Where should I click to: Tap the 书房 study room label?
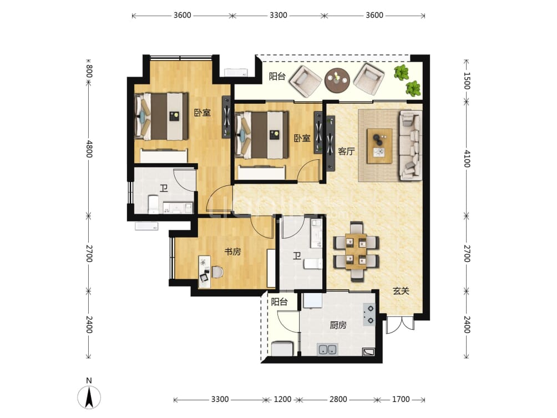click(x=232, y=251)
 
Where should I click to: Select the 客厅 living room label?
click(x=346, y=152)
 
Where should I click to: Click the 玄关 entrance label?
click(x=401, y=291)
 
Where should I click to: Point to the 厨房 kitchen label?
click(x=338, y=325)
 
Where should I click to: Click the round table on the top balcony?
click(x=337, y=80)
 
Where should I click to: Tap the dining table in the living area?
click(x=356, y=251)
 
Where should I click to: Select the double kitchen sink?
click(x=327, y=349)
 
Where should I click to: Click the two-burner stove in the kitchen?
click(x=369, y=315)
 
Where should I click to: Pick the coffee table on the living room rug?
click(x=379, y=146)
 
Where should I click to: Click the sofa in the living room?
click(x=411, y=145)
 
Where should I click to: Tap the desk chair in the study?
click(x=217, y=273)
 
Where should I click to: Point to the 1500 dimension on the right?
click(x=467, y=81)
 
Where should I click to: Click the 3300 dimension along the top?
click(x=278, y=16)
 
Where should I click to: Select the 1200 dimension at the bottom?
click(x=282, y=400)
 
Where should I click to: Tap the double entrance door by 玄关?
click(x=401, y=325)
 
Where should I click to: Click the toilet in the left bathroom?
click(x=153, y=204)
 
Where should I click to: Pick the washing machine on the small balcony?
click(x=282, y=349)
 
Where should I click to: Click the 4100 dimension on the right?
click(x=467, y=159)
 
